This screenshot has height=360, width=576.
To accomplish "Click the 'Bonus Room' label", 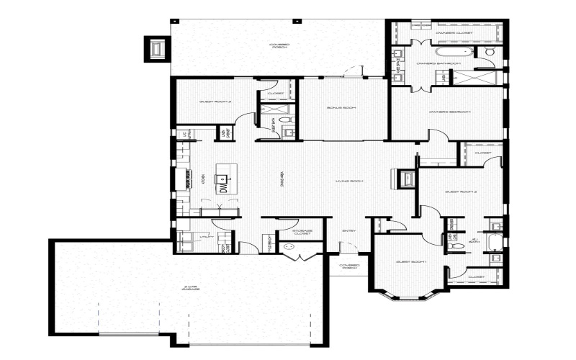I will tap(336, 108).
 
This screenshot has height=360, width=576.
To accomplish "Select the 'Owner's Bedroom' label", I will tap(449, 112).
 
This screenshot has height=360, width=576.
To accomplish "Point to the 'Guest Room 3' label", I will tap(215, 102).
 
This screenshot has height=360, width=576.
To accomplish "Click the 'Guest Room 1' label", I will tap(411, 262).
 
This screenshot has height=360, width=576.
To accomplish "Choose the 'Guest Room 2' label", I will tap(462, 192).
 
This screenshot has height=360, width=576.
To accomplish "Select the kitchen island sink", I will tap(223, 174).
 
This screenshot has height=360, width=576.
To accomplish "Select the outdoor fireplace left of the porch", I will tap(158, 48).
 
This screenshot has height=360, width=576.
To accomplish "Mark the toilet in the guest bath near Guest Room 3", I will tap(284, 120).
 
